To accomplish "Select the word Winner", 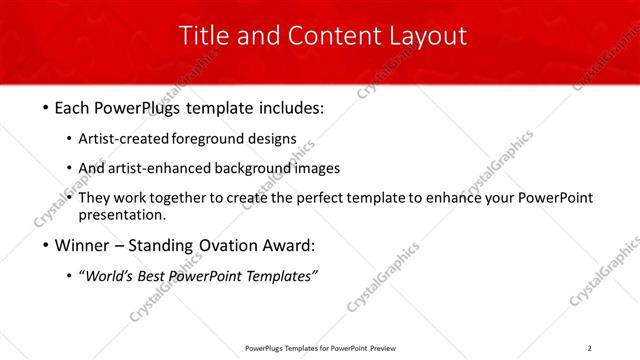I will (x=83, y=246).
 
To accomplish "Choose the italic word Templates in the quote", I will (x=281, y=277).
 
